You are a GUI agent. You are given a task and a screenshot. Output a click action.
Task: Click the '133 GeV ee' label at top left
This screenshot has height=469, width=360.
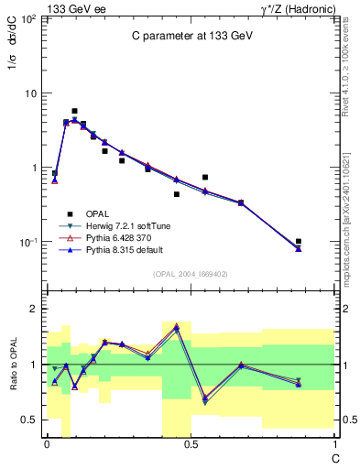pyautogui.click(x=73, y=7)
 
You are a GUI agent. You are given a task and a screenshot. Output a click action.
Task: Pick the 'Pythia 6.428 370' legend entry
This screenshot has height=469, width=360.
pyautogui.click(x=118, y=237)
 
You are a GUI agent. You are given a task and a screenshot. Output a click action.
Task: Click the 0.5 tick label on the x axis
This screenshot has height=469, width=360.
pyautogui.click(x=190, y=443)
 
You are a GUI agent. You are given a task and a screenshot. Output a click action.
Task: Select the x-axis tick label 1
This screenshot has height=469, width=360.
pyautogui.click(x=333, y=443)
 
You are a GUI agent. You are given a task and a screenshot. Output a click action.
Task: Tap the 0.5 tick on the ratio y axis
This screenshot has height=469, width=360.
pyautogui.click(x=29, y=420)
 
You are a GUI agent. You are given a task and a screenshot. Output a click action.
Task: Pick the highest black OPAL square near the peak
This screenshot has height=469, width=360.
pyautogui.click(x=74, y=111)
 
